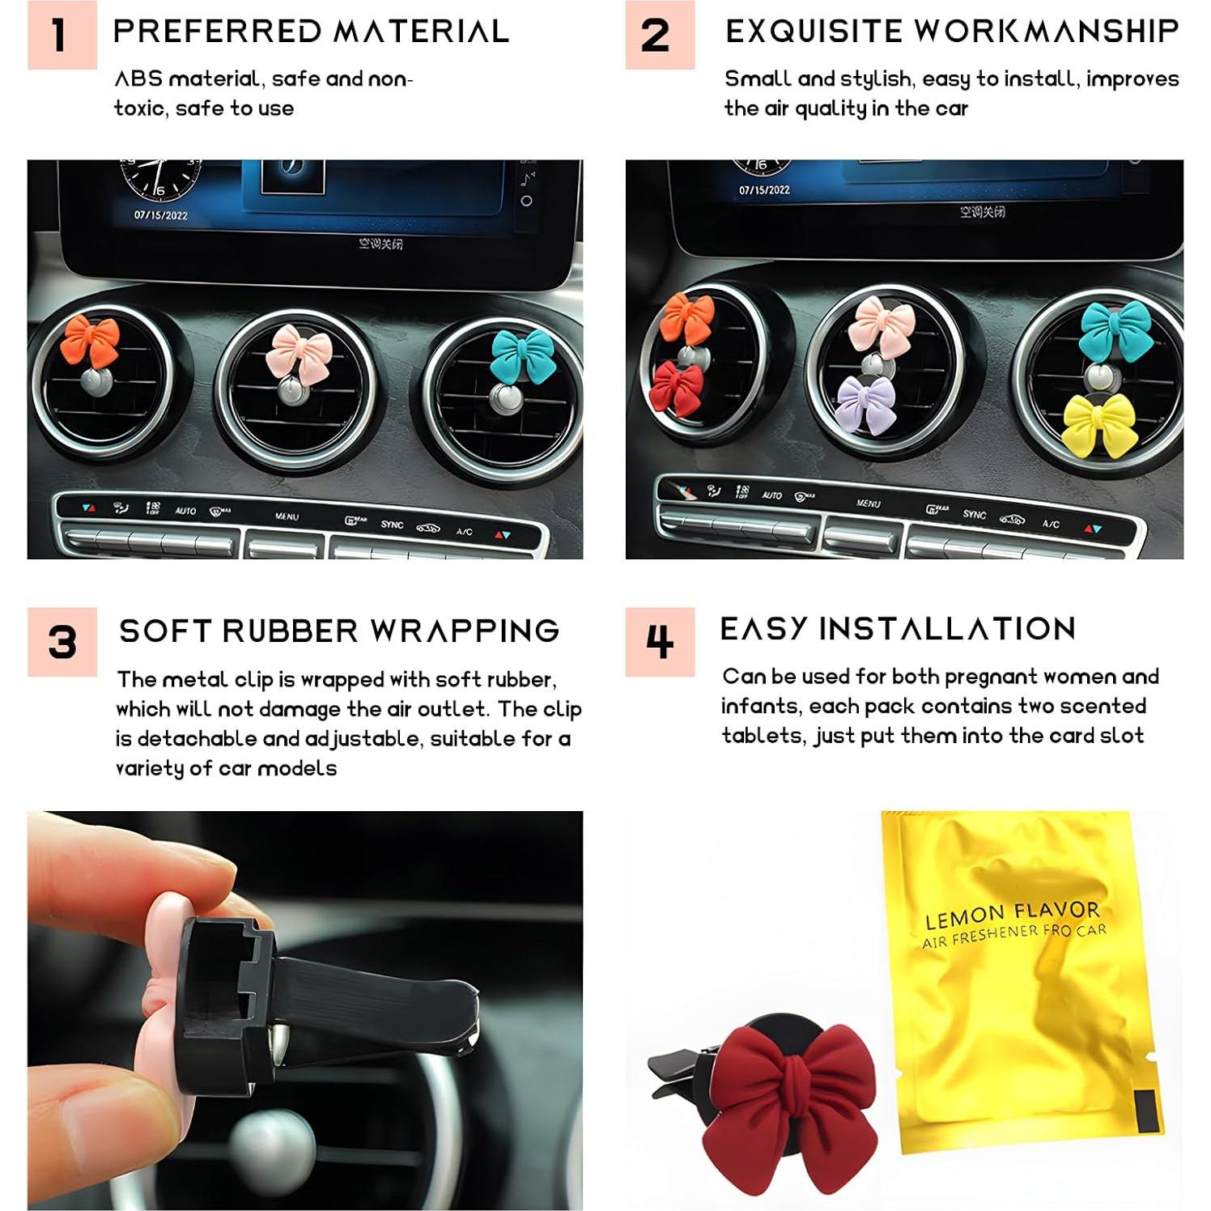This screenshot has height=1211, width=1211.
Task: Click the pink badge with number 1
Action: click(x=62, y=35)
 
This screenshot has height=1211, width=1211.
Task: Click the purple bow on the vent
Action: click(x=866, y=403)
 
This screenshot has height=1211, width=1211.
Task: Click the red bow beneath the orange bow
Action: click(x=677, y=388)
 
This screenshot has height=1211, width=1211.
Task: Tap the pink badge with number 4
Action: click(x=660, y=642)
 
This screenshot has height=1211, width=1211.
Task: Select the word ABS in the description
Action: click(x=138, y=79)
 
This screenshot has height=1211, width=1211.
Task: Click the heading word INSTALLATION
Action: click(x=947, y=629)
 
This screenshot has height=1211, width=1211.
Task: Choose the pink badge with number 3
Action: click(x=62, y=642)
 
